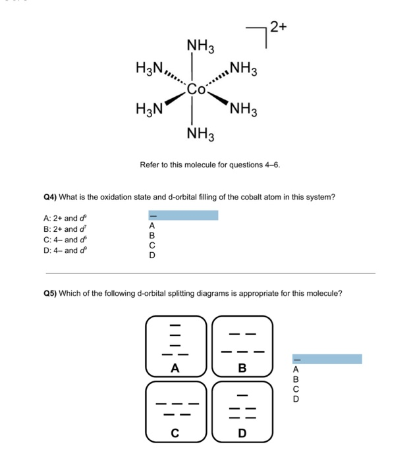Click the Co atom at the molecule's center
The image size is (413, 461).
click(x=196, y=90)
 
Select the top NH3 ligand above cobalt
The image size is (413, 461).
click(x=200, y=46)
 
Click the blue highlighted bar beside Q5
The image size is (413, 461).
click(x=327, y=359)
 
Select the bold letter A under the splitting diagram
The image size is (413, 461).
click(x=175, y=369)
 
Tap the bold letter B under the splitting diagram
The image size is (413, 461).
click(x=242, y=369)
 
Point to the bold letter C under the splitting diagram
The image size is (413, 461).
click(x=175, y=433)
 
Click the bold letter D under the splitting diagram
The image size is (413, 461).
click(x=242, y=433)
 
